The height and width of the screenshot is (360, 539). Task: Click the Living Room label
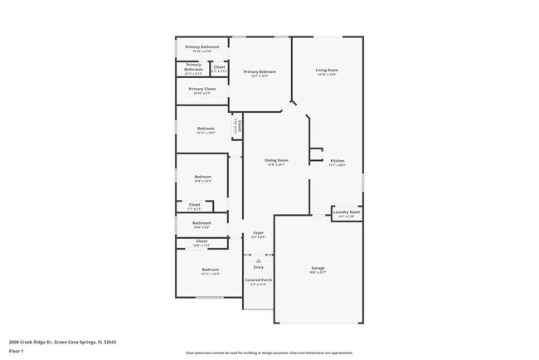tap(327, 71)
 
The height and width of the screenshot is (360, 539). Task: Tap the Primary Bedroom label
tap(260, 72)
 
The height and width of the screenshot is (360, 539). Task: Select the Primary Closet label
tap(202, 89)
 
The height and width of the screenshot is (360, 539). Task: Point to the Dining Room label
tap(276, 160)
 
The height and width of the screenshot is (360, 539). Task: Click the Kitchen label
tap(337, 160)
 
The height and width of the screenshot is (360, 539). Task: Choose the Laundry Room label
tap(347, 212)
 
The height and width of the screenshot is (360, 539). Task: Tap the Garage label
tap(318, 269)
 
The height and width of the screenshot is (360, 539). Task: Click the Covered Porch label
tap(259, 280)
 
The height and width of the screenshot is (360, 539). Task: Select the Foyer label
tap(258, 233)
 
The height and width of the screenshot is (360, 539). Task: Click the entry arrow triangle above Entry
tap(259, 260)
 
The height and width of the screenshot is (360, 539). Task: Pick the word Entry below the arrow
tap(259, 267)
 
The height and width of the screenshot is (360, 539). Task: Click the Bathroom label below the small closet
tap(202, 223)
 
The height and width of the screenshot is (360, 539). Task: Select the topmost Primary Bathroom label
tap(202, 47)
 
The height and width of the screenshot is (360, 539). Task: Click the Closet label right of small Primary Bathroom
tap(219, 67)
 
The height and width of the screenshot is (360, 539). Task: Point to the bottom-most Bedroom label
tap(211, 270)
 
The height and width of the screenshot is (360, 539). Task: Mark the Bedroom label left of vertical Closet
tap(206, 129)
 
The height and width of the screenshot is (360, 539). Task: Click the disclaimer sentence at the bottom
tap(269, 352)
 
